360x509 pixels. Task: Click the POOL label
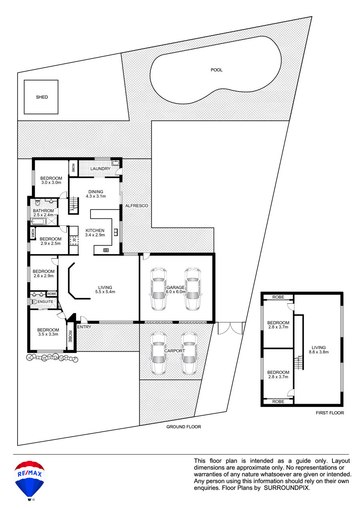click(216, 70)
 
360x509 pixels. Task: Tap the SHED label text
click(42, 97)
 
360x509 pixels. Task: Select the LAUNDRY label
click(100, 169)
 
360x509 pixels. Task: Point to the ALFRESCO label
click(136, 206)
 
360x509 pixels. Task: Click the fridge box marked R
click(74, 240)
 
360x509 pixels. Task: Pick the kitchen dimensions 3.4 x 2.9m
click(95, 235)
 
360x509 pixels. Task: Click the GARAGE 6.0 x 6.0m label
click(176, 290)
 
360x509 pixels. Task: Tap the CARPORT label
click(174, 351)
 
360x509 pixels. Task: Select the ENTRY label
click(84, 327)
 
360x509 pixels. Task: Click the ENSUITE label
click(45, 302)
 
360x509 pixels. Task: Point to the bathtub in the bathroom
click(38, 221)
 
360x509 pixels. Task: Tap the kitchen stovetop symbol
click(106, 250)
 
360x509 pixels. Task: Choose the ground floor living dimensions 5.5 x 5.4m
click(105, 292)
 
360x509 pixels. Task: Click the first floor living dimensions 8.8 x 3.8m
click(319, 352)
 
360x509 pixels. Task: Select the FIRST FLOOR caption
click(330, 413)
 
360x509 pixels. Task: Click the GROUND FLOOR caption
click(184, 427)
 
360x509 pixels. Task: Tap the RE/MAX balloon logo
click(30, 480)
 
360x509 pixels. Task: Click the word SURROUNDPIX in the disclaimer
click(287, 488)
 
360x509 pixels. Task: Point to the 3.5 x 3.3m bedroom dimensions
click(48, 334)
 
